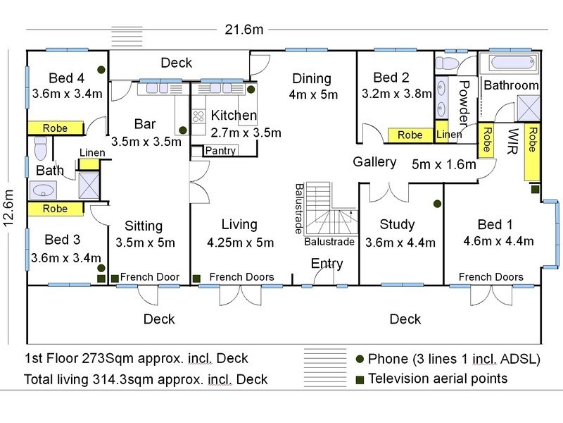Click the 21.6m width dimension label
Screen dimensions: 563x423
244,29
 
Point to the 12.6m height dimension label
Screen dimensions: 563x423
8,208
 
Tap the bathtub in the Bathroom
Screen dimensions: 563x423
510,63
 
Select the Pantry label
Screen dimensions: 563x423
220,150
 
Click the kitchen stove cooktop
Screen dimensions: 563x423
198,116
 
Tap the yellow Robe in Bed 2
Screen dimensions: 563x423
410,135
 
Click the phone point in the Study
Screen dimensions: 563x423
437,204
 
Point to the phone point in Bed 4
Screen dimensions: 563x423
101,69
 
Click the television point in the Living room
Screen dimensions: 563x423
196,278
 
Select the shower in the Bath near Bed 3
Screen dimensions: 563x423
89,185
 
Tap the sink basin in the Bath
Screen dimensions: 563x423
43,190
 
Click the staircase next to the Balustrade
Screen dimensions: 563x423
331,209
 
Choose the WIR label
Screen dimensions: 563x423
514,141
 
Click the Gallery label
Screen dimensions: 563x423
374,162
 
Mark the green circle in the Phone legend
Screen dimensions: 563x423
360,359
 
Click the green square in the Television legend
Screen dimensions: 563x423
360,380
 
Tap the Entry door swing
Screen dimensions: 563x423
323,276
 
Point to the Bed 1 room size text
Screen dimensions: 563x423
498,241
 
